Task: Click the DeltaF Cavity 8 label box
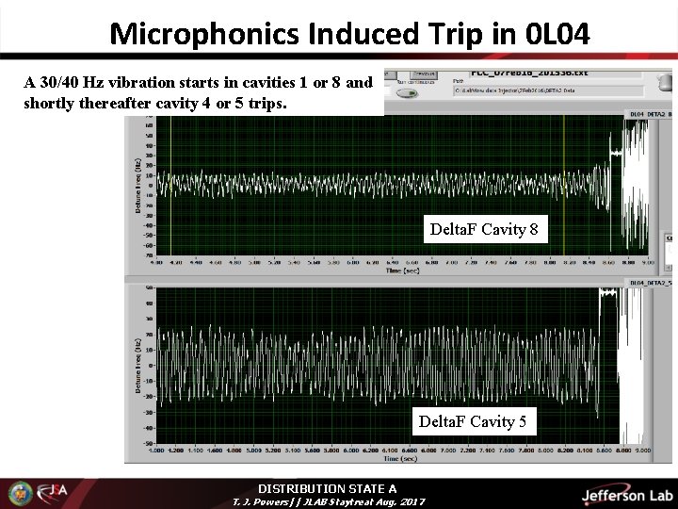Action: [x=483, y=229]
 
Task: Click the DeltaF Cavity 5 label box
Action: [x=473, y=421]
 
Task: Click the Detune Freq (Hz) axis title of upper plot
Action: [x=138, y=184]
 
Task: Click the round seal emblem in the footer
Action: [x=20, y=493]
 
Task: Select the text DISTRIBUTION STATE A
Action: [x=327, y=488]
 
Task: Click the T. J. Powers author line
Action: [x=328, y=501]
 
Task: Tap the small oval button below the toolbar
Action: [x=407, y=92]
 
